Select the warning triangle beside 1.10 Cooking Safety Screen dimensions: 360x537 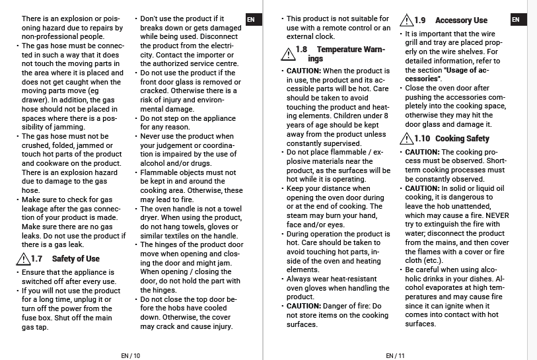click(406, 139)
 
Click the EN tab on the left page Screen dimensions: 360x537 click(250, 20)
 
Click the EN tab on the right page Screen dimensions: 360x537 click(515, 20)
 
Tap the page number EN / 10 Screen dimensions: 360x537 click(131, 355)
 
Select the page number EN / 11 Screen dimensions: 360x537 click(395, 355)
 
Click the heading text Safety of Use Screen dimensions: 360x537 click(76, 259)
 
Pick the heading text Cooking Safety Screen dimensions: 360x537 click(462, 139)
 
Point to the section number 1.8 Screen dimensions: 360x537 click(301, 50)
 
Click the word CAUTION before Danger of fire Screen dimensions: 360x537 click(304, 306)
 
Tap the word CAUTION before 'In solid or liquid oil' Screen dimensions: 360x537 click(423, 188)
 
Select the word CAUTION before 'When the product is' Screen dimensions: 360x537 click(304, 71)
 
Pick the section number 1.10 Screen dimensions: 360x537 click(422, 139)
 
